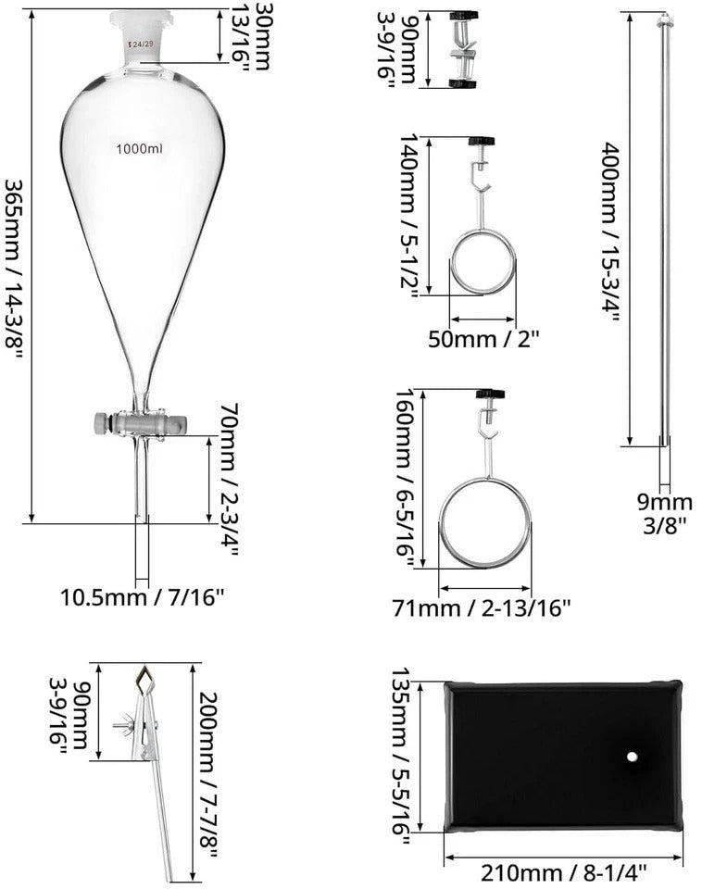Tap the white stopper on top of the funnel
point(141,19)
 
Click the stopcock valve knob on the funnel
point(102,424)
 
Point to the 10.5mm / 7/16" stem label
point(143,597)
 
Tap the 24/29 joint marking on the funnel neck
point(143,44)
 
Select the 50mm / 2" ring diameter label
point(483,338)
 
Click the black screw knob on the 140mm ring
point(482,142)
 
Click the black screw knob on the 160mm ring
point(491,394)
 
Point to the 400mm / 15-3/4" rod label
point(611,230)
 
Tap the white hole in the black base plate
point(632,757)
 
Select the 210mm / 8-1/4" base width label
point(563,871)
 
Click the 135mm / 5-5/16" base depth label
point(401,752)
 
